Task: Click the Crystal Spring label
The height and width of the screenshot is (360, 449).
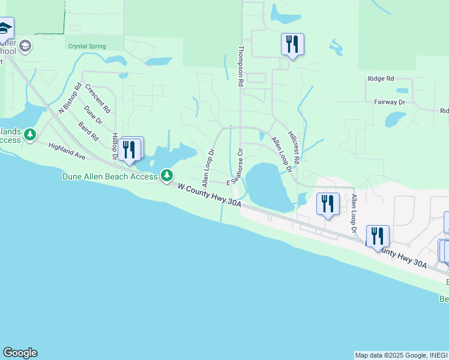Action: click(x=87, y=46)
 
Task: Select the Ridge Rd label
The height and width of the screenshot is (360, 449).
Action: click(x=381, y=79)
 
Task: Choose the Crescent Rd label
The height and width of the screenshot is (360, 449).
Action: click(x=97, y=98)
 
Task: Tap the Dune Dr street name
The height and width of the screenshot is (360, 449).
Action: click(x=93, y=115)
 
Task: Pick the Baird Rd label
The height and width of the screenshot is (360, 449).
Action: click(x=88, y=131)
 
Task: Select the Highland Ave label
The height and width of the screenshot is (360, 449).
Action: click(x=67, y=151)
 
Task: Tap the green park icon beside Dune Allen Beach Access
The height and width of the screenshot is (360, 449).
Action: click(x=166, y=175)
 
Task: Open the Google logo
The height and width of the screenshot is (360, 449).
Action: click(x=20, y=353)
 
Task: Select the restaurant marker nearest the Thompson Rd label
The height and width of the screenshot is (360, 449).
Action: click(x=292, y=45)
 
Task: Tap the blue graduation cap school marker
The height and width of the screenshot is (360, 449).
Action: click(x=5, y=29)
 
